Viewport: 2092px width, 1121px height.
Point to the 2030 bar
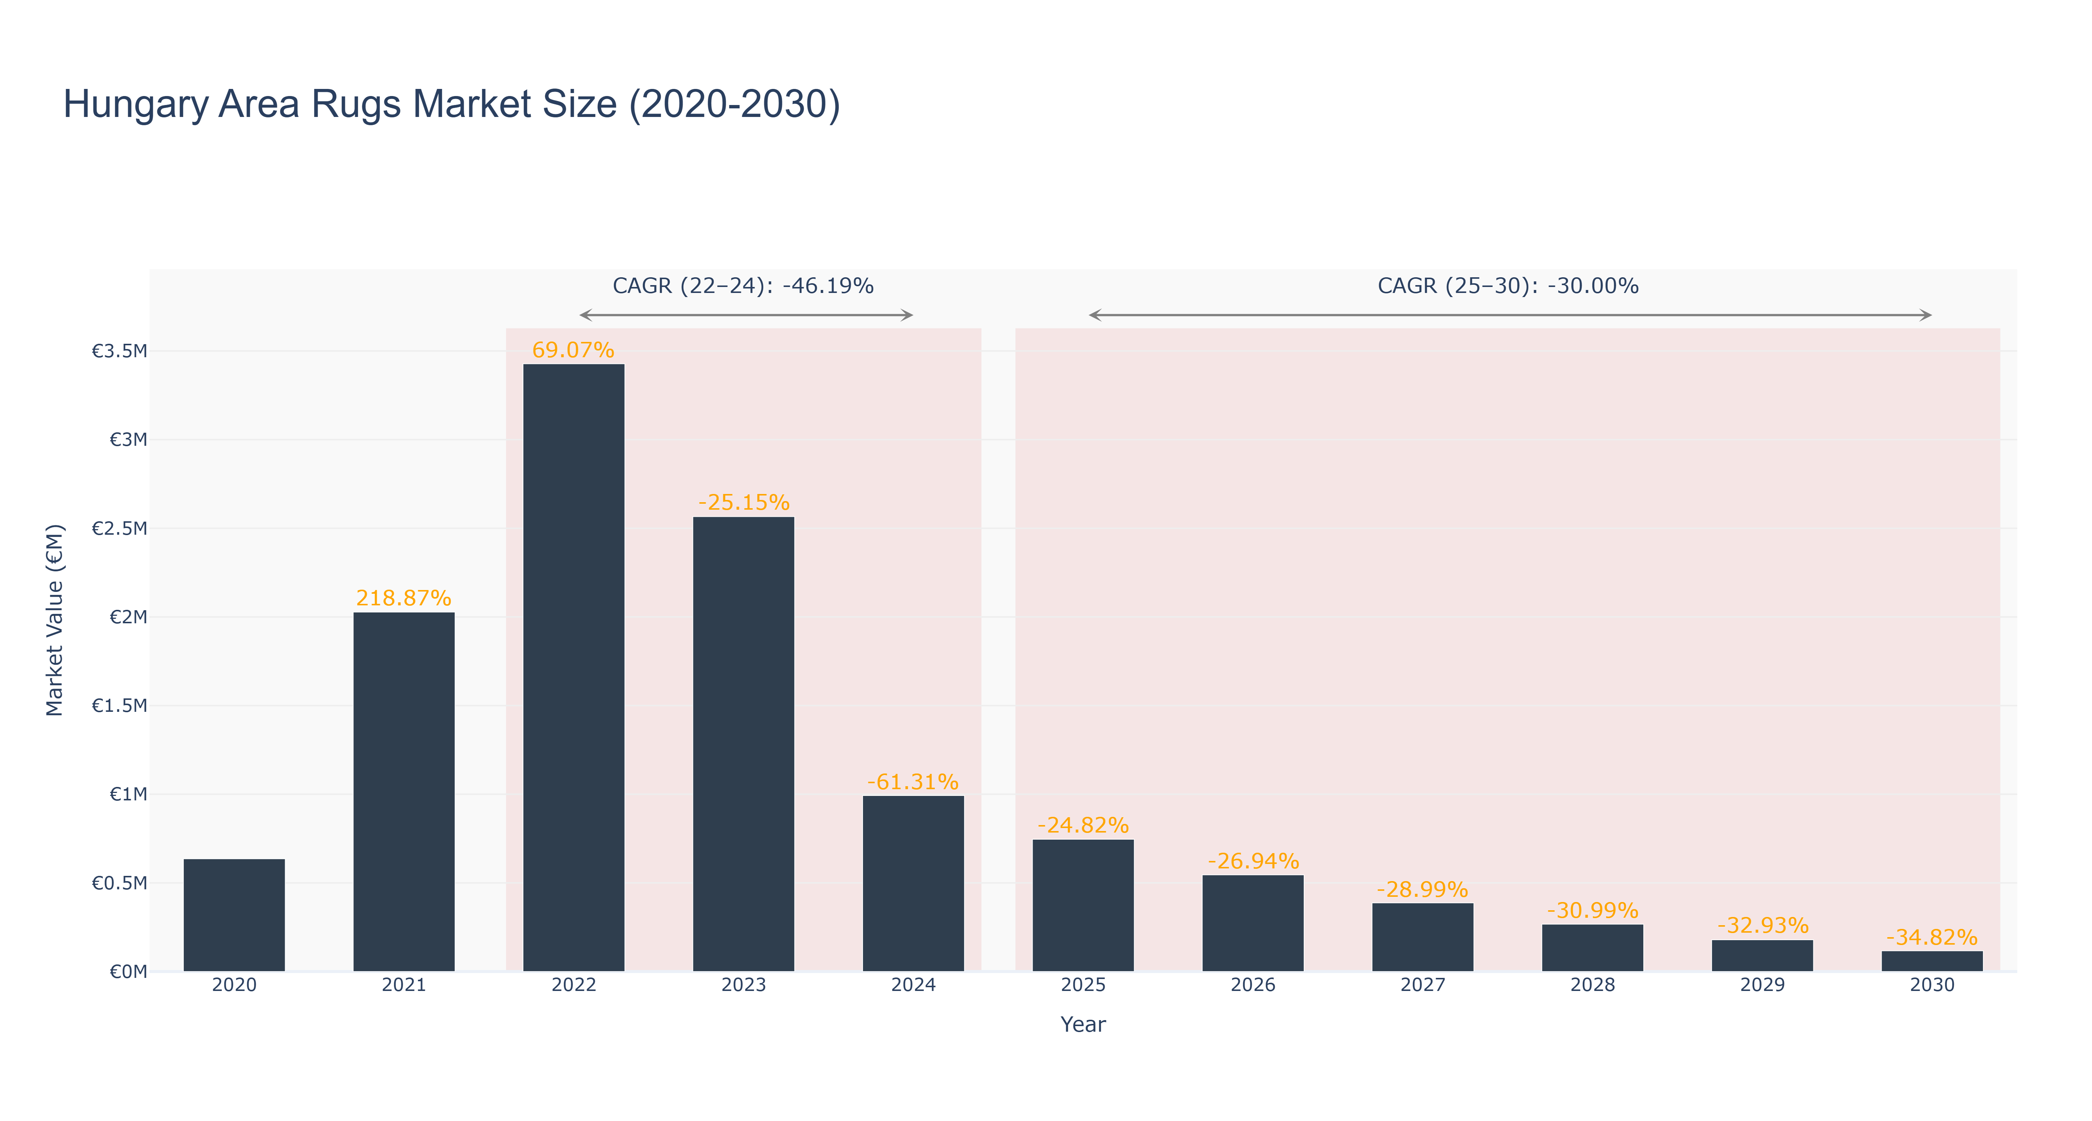1932,961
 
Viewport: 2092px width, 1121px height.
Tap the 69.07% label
573,350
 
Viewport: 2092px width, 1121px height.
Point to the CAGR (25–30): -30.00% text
1508,286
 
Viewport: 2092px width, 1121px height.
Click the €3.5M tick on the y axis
120,351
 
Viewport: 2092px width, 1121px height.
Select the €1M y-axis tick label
128,794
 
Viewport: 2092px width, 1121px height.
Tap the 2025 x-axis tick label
1083,985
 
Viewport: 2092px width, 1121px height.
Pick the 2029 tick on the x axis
1762,985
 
